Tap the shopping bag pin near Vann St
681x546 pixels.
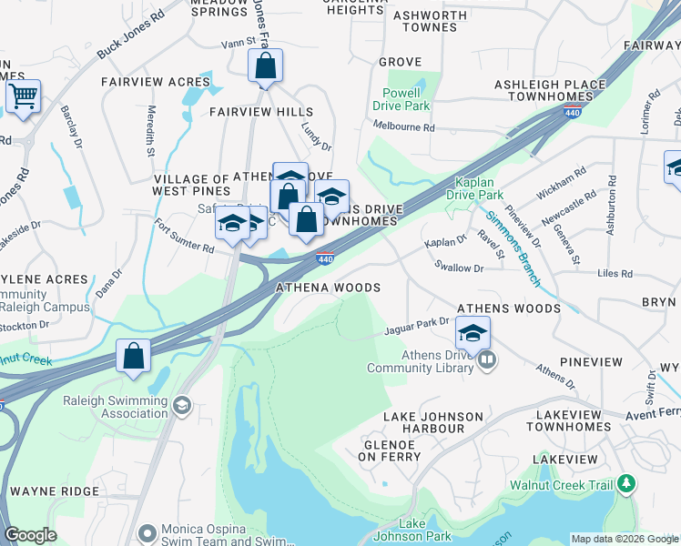click(265, 66)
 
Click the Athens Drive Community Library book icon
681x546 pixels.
click(488, 360)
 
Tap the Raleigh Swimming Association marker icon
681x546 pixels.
click(182, 405)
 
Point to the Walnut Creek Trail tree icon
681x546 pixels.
click(626, 485)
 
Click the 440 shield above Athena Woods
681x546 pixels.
click(325, 259)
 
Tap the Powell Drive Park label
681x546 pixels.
click(401, 99)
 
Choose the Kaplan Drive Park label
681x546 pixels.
click(474, 188)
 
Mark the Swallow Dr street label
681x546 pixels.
click(460, 268)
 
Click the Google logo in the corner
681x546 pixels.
click(30, 535)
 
